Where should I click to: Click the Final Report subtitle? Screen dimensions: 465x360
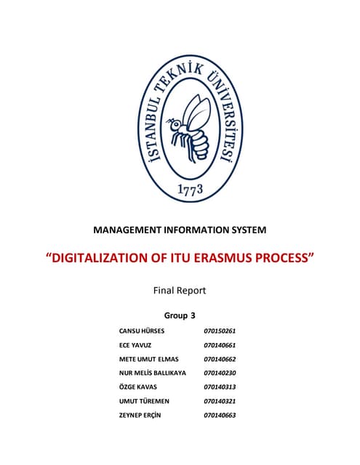point(180,290)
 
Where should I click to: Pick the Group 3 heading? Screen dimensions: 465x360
point(180,315)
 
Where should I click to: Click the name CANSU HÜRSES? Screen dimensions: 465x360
point(142,331)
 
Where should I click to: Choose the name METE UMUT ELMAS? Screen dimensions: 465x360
point(150,359)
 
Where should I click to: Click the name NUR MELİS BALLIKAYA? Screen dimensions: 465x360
point(153,373)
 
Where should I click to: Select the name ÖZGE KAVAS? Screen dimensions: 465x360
point(138,387)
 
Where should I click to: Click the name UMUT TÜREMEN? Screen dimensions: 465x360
point(143,401)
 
